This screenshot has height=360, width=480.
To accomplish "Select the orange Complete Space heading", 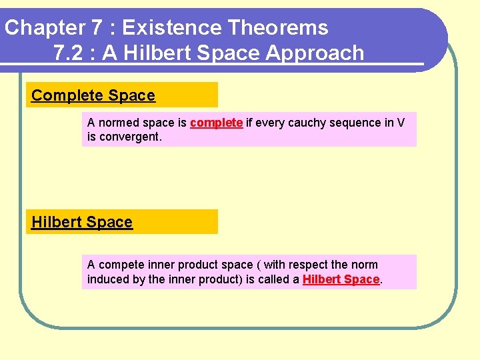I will point(93,95).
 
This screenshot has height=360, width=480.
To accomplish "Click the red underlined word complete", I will point(216,123).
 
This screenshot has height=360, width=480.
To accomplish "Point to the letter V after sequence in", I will point(400,123).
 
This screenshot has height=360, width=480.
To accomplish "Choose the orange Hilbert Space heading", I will point(82,222).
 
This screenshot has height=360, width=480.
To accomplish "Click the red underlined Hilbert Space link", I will point(341,279).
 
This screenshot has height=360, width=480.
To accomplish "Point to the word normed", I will point(115,123).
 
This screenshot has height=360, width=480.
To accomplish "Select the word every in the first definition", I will point(270,123).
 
